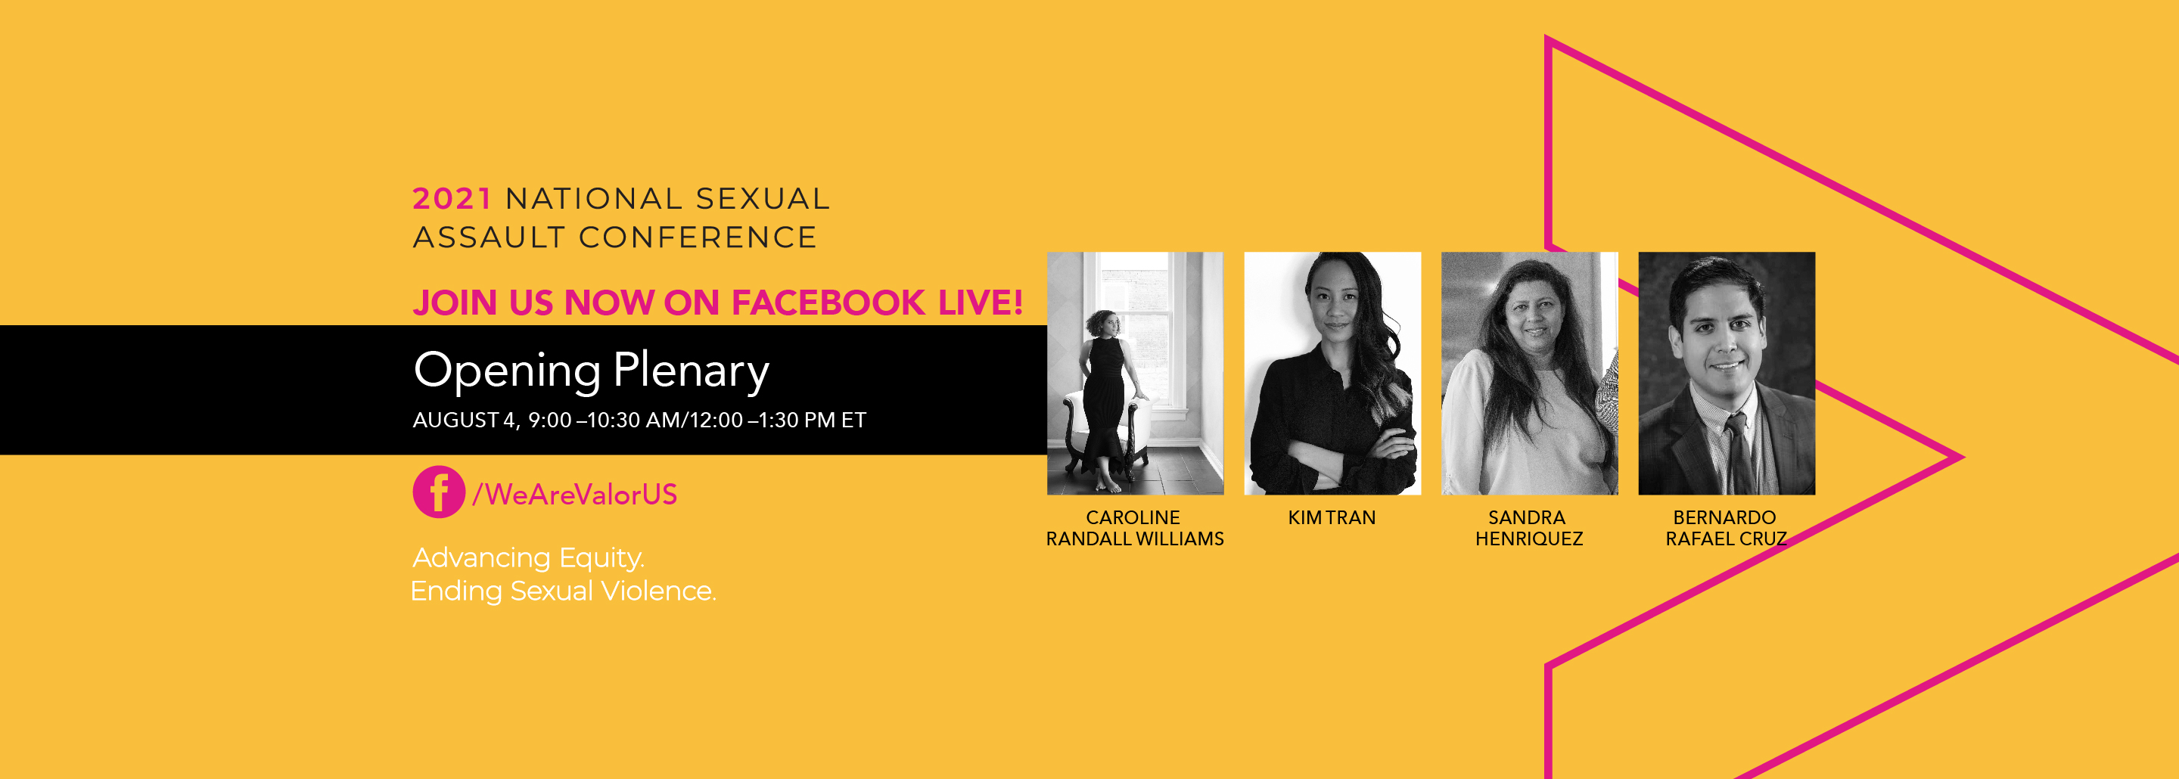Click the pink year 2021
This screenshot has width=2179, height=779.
point(452,199)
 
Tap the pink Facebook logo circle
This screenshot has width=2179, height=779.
point(438,492)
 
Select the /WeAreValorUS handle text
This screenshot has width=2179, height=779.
point(574,495)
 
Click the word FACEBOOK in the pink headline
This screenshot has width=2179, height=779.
point(828,303)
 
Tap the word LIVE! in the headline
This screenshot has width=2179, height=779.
point(981,303)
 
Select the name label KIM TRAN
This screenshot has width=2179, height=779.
point(1332,517)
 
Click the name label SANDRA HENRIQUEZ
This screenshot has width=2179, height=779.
point(1528,528)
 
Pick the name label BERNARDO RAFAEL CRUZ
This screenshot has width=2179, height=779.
point(1726,528)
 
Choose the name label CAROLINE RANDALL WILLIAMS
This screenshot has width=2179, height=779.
point(1134,528)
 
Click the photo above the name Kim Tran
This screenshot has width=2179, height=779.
point(1332,373)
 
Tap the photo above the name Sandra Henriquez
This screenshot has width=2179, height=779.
point(1529,373)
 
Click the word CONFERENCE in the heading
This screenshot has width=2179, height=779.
point(697,237)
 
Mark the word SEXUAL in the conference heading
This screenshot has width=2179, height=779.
point(762,199)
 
